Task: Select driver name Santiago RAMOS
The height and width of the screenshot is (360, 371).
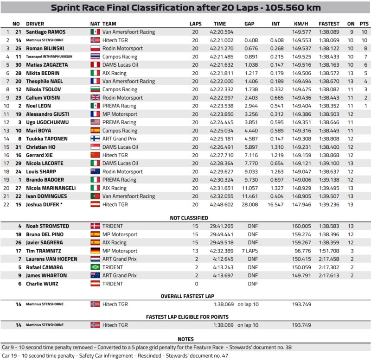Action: coord(45,32)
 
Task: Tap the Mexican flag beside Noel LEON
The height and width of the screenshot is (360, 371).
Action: coord(95,106)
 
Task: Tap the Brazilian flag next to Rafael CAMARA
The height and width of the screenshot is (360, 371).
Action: coord(95,267)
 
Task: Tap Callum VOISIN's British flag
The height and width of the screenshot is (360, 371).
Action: coord(95,98)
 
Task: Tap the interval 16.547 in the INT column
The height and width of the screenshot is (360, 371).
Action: coord(276,204)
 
